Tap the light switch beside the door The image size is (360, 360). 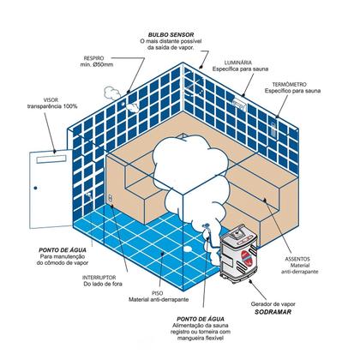point(111,199)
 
